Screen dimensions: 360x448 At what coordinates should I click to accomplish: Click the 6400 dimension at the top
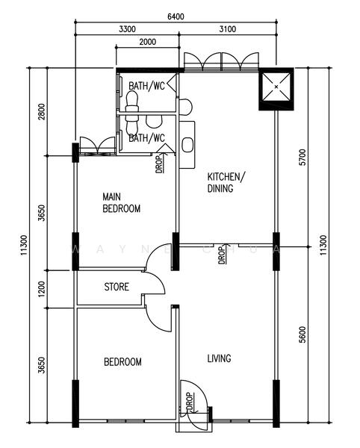click(x=176, y=16)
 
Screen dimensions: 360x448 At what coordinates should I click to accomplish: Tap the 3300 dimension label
click(x=128, y=29)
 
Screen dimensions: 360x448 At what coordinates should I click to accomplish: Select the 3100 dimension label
click(x=228, y=29)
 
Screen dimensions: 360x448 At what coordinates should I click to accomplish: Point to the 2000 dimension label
click(x=148, y=42)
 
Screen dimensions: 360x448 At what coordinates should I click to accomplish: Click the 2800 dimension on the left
click(x=42, y=112)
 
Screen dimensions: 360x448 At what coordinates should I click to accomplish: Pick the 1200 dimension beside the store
click(x=42, y=289)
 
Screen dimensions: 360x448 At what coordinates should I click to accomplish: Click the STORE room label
click(x=117, y=287)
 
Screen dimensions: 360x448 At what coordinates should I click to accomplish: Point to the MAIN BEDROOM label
click(x=122, y=203)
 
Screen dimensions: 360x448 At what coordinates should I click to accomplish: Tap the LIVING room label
click(x=219, y=358)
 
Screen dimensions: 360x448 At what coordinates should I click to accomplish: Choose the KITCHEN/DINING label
click(x=226, y=183)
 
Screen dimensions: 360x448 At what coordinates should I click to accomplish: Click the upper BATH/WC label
click(x=146, y=86)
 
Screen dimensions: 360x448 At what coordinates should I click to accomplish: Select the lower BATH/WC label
click(x=146, y=138)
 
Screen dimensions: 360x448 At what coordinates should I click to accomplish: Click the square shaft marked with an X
click(x=276, y=87)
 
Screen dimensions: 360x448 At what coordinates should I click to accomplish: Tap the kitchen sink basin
click(x=187, y=145)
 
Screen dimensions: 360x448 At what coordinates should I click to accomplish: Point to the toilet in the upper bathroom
click(x=132, y=102)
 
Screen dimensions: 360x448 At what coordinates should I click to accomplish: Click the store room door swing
click(x=155, y=282)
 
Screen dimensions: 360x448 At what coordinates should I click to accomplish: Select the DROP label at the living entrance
click(x=190, y=401)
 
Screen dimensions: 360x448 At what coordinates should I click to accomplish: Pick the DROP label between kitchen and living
click(x=221, y=255)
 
